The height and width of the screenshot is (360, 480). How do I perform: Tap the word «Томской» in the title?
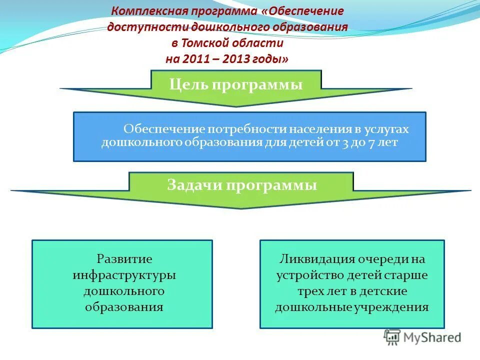click(210, 43)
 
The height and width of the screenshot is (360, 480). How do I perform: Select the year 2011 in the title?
click(193, 59)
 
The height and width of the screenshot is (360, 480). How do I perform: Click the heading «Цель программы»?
click(236, 84)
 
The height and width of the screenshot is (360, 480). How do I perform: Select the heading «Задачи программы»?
click(241, 185)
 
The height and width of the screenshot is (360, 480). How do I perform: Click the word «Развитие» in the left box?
click(124, 259)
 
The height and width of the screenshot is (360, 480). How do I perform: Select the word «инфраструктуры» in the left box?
click(124, 275)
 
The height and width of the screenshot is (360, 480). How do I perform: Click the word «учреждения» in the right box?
click(397, 307)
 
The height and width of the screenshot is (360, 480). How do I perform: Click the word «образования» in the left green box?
click(124, 307)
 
